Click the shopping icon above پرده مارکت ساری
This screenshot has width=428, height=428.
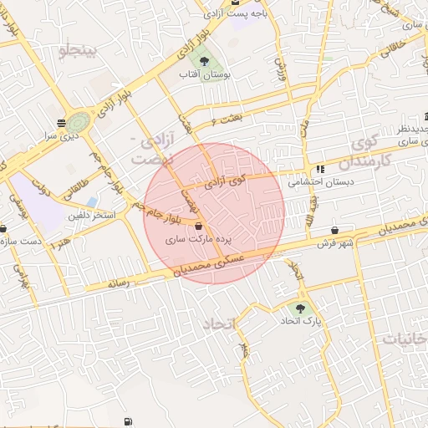(x=198, y=226)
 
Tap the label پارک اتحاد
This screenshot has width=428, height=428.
(x=301, y=321)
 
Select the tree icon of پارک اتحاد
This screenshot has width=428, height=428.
(x=301, y=308)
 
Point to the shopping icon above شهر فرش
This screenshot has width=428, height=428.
(x=335, y=231)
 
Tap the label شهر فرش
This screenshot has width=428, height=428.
(x=335, y=243)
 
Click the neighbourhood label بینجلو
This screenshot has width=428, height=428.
(x=79, y=52)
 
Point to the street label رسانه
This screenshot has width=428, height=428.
(x=119, y=284)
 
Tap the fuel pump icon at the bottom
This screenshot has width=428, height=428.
(x=127, y=421)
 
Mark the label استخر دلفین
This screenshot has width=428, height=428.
(x=94, y=216)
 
